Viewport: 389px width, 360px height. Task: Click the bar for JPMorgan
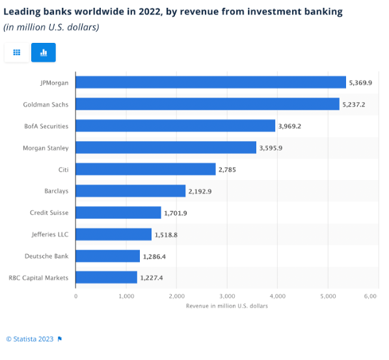click(211, 83)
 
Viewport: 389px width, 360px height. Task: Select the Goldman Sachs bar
click(208, 104)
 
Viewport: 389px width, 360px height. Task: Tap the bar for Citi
click(146, 169)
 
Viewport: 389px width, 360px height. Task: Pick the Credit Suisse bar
click(118, 212)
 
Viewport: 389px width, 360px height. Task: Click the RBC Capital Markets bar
click(107, 277)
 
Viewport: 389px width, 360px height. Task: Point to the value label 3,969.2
click(289, 126)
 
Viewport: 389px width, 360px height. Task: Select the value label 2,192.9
click(200, 191)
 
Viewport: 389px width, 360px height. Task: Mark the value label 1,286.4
click(154, 256)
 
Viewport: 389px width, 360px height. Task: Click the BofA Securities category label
click(46, 126)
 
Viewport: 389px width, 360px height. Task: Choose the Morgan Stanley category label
click(46, 148)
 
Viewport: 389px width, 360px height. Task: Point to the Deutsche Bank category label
click(47, 256)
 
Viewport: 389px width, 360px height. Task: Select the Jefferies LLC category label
click(49, 235)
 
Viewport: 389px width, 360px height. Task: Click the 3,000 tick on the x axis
click(226, 296)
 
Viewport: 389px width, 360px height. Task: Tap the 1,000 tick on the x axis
click(126, 296)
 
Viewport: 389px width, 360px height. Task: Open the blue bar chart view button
click(44, 53)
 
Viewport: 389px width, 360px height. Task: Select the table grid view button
click(17, 53)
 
